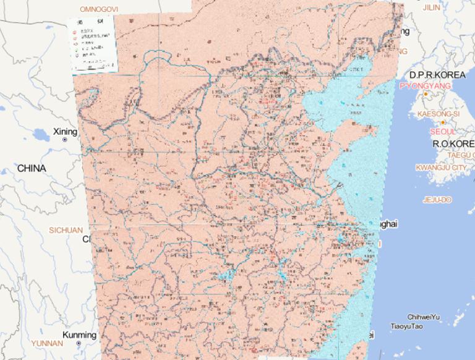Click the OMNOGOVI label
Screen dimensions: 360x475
(99, 9)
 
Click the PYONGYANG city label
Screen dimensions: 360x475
(426, 86)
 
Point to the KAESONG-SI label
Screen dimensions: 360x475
(439, 114)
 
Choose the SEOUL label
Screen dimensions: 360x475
(443, 131)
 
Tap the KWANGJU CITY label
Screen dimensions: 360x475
(440, 168)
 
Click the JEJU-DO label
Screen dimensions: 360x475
(437, 200)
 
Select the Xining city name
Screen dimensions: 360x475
(65, 132)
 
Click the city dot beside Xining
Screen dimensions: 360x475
(65, 140)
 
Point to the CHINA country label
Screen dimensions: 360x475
(32, 168)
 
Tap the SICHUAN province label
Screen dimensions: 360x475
(66, 230)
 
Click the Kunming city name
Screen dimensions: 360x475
(80, 335)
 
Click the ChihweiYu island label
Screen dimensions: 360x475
(423, 317)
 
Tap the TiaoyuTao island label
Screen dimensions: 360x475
(406, 326)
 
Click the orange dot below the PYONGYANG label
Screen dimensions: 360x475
(426, 95)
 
